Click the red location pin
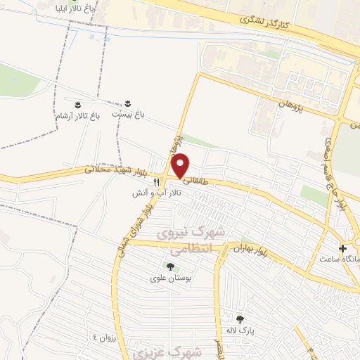181,165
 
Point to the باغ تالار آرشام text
78,114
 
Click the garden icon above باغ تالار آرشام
78,103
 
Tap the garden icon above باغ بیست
127,103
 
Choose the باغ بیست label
127,114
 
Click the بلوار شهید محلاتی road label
114,169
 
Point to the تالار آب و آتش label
156,191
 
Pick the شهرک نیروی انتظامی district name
182,240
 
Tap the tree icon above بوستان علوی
169,266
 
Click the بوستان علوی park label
168,278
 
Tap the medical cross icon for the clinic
343,248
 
